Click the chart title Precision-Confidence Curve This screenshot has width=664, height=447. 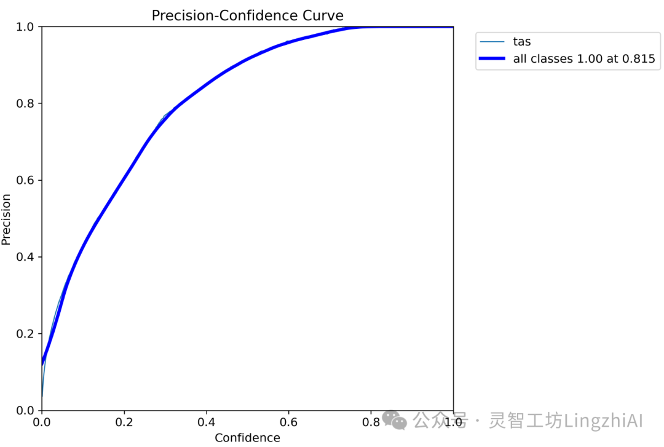[x=247, y=15]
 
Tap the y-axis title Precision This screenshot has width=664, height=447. [x=6, y=220]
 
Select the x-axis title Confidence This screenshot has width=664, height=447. [x=247, y=438]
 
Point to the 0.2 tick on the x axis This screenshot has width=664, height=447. [x=124, y=422]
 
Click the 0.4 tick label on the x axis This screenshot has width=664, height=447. [x=206, y=422]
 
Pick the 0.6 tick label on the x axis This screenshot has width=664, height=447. [x=288, y=422]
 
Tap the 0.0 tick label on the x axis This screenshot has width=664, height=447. [x=42, y=422]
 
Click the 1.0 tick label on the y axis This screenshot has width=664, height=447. [x=25, y=27]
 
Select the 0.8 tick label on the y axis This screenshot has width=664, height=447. [x=25, y=103]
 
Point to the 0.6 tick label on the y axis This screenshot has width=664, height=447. [x=25, y=180]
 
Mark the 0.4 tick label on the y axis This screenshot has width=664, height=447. [x=25, y=257]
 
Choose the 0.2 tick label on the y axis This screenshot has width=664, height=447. [x=25, y=333]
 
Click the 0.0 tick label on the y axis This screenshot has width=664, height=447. [x=25, y=410]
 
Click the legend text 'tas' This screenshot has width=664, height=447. [x=522, y=42]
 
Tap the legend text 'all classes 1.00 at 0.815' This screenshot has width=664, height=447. [x=584, y=58]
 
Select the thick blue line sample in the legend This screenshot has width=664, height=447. [x=492, y=58]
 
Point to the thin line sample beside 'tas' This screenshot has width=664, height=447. [x=492, y=42]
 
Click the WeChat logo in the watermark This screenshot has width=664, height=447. [x=394, y=420]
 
